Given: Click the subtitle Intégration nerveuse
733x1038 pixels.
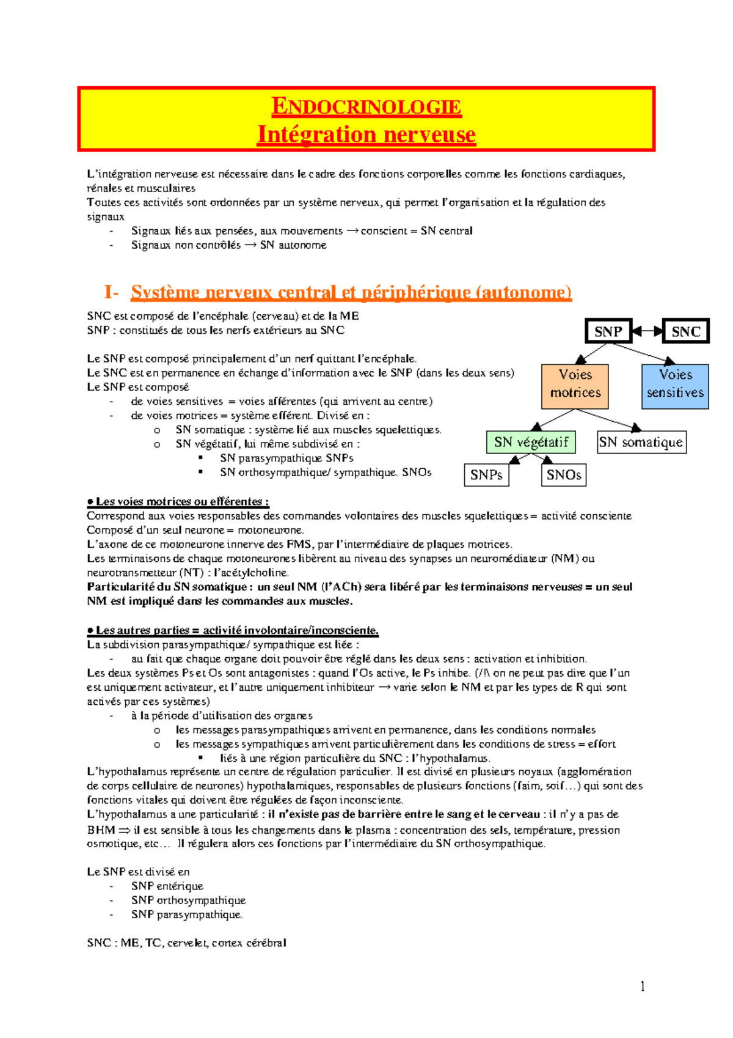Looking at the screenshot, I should pos(366,134).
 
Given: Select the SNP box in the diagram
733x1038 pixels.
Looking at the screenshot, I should pos(608,331).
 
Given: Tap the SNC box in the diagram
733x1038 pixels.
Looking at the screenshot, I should pos(685,331).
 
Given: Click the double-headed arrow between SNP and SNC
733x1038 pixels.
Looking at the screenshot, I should pos(647,331).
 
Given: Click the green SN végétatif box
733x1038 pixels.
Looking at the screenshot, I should pos(531,442).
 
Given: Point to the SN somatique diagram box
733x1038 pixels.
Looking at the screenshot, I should pos(641,442).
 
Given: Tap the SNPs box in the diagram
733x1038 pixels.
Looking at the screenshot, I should pos(486,475).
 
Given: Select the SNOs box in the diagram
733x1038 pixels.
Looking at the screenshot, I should pos(563,475).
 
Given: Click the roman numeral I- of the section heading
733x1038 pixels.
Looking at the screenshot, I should pos(111,292).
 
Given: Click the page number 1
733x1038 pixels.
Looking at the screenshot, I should pos(642,985).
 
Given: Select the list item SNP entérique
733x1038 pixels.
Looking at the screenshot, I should pos(167,886).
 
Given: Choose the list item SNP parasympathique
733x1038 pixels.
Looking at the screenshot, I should pos(186,915).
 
